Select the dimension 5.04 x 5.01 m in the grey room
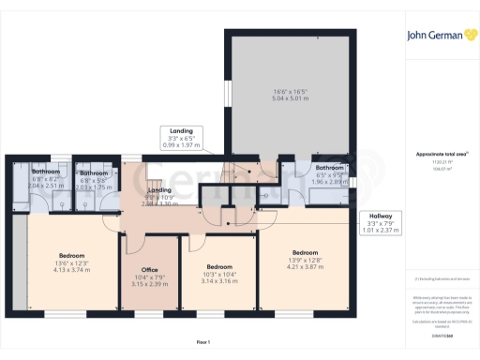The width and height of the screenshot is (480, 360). [x=290, y=95]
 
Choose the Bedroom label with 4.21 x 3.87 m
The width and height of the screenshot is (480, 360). [x=305, y=253]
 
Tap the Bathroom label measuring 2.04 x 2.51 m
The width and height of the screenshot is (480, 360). [x=45, y=172]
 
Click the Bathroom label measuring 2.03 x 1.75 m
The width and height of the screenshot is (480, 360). [x=93, y=173]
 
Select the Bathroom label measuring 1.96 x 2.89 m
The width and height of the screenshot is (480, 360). [x=330, y=169]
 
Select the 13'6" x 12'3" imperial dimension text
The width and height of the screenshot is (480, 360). [x=73, y=262]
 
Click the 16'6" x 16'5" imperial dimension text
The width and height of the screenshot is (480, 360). [x=290, y=88]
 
